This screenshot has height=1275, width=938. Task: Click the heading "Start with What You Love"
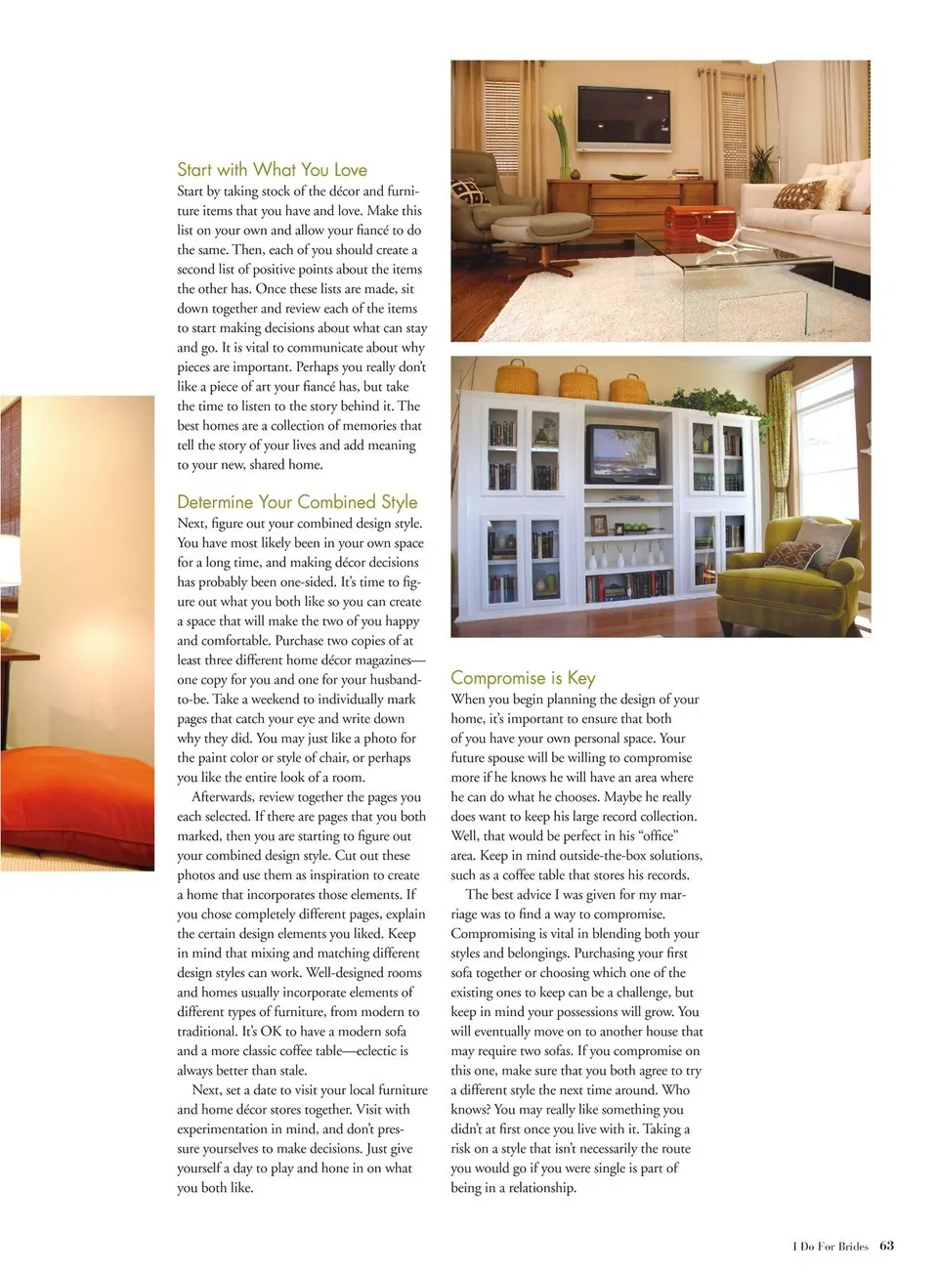(272, 169)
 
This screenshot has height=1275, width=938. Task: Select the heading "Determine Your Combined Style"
(297, 501)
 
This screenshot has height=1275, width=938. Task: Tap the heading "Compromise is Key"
(523, 677)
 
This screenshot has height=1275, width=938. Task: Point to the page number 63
(886, 1245)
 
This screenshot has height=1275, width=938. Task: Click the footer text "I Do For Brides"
(830, 1246)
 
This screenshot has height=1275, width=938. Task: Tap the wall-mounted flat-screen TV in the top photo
(623, 116)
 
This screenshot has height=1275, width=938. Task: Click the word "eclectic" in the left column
(375, 1050)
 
